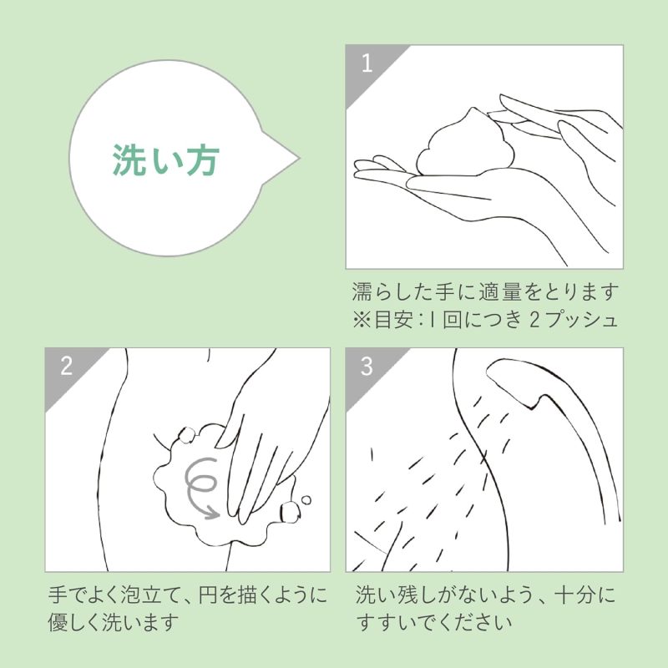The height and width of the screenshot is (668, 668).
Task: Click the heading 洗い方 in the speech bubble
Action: pos(166,159)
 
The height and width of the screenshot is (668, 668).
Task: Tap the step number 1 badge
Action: pos(367,64)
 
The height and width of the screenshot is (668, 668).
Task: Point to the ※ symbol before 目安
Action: pos(362,320)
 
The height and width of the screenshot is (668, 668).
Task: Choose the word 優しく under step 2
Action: pos(74,622)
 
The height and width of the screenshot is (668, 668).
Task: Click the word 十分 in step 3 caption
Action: pos(576,595)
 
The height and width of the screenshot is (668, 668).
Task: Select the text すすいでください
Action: pos(434,622)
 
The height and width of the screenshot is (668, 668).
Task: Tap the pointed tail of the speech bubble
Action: pos(299,159)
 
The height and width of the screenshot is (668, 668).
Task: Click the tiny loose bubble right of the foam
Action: pos(306,500)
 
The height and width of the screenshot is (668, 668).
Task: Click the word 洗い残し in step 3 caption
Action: pos(396,595)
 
